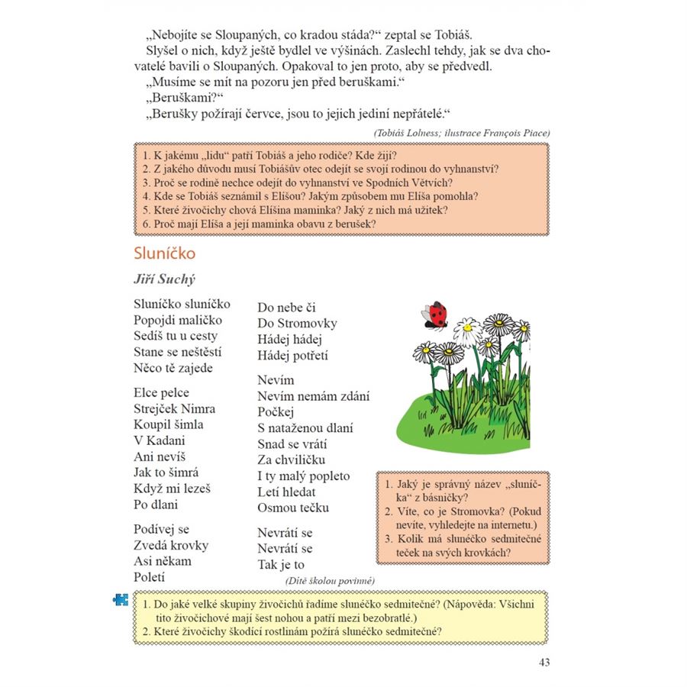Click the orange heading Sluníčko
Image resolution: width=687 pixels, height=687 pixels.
pyautogui.click(x=164, y=252)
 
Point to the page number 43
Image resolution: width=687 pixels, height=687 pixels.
pyautogui.click(x=543, y=662)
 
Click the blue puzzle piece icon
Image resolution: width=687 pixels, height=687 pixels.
pyautogui.click(x=121, y=600)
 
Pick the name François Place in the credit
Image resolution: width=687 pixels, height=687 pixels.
pyautogui.click(x=513, y=133)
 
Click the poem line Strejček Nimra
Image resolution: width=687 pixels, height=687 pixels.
pyautogui.click(x=174, y=408)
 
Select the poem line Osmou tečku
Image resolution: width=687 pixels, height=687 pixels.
pyautogui.click(x=293, y=508)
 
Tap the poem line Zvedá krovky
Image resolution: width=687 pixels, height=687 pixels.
pyautogui.click(x=171, y=545)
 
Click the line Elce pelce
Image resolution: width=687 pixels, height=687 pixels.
pyautogui.click(x=161, y=392)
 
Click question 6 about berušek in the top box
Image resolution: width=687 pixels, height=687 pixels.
pyautogui.click(x=260, y=224)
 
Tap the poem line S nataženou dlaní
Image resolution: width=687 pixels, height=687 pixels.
pyautogui.click(x=305, y=427)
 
